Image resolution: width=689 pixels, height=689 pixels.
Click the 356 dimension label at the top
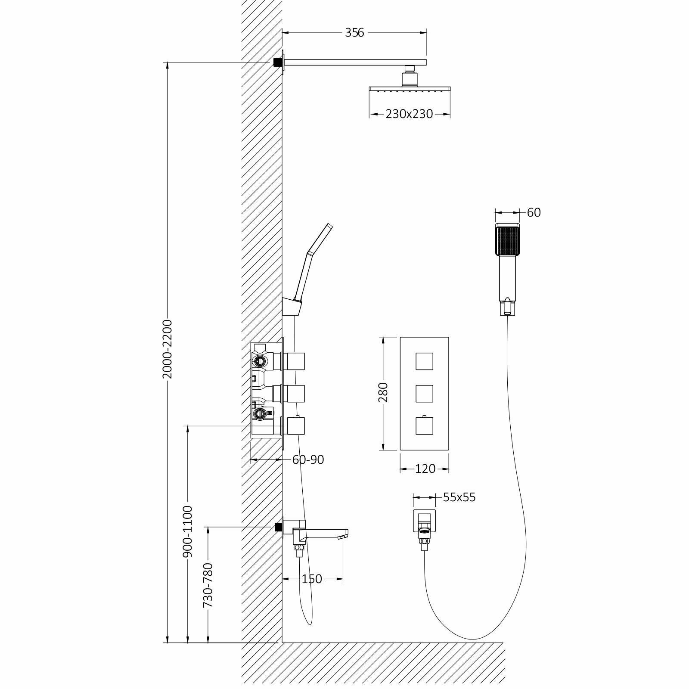tap(354, 32)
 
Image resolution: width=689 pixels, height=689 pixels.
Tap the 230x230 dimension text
tap(409, 114)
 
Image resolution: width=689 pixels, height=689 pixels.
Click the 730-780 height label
tap(208, 586)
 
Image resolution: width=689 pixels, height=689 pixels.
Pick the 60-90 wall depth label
tap(308, 460)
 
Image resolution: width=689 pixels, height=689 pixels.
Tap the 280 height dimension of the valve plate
tap(383, 392)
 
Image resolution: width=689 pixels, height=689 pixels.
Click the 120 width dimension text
tap(425, 469)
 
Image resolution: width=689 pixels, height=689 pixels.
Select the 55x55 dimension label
tap(459, 497)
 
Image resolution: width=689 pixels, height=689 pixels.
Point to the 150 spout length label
tap(312, 579)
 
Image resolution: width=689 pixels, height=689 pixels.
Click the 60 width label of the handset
tap(534, 212)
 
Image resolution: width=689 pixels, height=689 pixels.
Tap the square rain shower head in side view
tap(410, 89)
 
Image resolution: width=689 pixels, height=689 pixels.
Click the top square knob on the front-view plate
tap(424, 361)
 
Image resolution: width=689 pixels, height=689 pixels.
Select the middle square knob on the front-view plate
tap(424, 393)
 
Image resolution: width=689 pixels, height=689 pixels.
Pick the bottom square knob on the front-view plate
tap(424, 426)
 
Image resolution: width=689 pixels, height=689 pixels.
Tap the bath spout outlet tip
tap(343, 537)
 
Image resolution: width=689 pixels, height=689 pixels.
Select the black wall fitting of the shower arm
tap(277, 62)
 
